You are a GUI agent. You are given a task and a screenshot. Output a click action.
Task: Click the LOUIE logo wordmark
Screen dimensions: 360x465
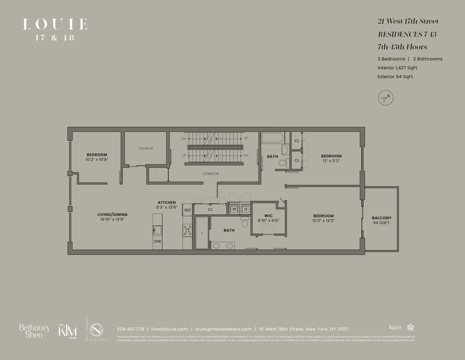coord(55,25)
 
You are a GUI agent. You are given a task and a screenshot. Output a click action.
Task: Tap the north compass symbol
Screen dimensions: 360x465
coord(386,98)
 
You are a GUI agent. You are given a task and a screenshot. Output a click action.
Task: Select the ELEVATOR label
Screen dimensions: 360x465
coord(146,148)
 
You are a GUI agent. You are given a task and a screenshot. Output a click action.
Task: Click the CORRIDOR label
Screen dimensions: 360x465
coord(211,174)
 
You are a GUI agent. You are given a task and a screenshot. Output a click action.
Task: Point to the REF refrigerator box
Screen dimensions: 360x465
coord(188,210)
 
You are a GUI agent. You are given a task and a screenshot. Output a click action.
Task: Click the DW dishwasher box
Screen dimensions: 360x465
coord(158,241)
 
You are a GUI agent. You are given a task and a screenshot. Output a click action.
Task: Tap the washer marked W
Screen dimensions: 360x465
coord(235,209)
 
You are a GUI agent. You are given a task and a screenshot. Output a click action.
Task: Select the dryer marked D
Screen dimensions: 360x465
coord(246,209)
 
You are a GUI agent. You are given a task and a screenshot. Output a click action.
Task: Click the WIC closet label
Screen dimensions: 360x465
coord(269,216)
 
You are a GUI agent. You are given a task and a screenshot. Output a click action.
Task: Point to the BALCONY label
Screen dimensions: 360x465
coord(381,218)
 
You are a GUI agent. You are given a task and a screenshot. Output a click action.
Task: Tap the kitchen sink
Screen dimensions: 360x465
coord(157,229)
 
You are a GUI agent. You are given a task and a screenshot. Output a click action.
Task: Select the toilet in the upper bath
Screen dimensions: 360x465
coord(283,163)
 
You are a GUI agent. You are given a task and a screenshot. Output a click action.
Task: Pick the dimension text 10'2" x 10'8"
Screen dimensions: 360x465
coord(97,159)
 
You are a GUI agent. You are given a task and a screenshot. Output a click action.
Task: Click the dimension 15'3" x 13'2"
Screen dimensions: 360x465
coord(323,221)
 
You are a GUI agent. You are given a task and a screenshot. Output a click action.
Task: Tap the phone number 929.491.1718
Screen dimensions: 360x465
coord(130,329)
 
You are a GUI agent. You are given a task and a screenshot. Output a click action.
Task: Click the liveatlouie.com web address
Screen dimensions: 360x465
coord(169,329)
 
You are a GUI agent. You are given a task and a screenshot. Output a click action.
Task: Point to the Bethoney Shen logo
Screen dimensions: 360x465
coord(34,331)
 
